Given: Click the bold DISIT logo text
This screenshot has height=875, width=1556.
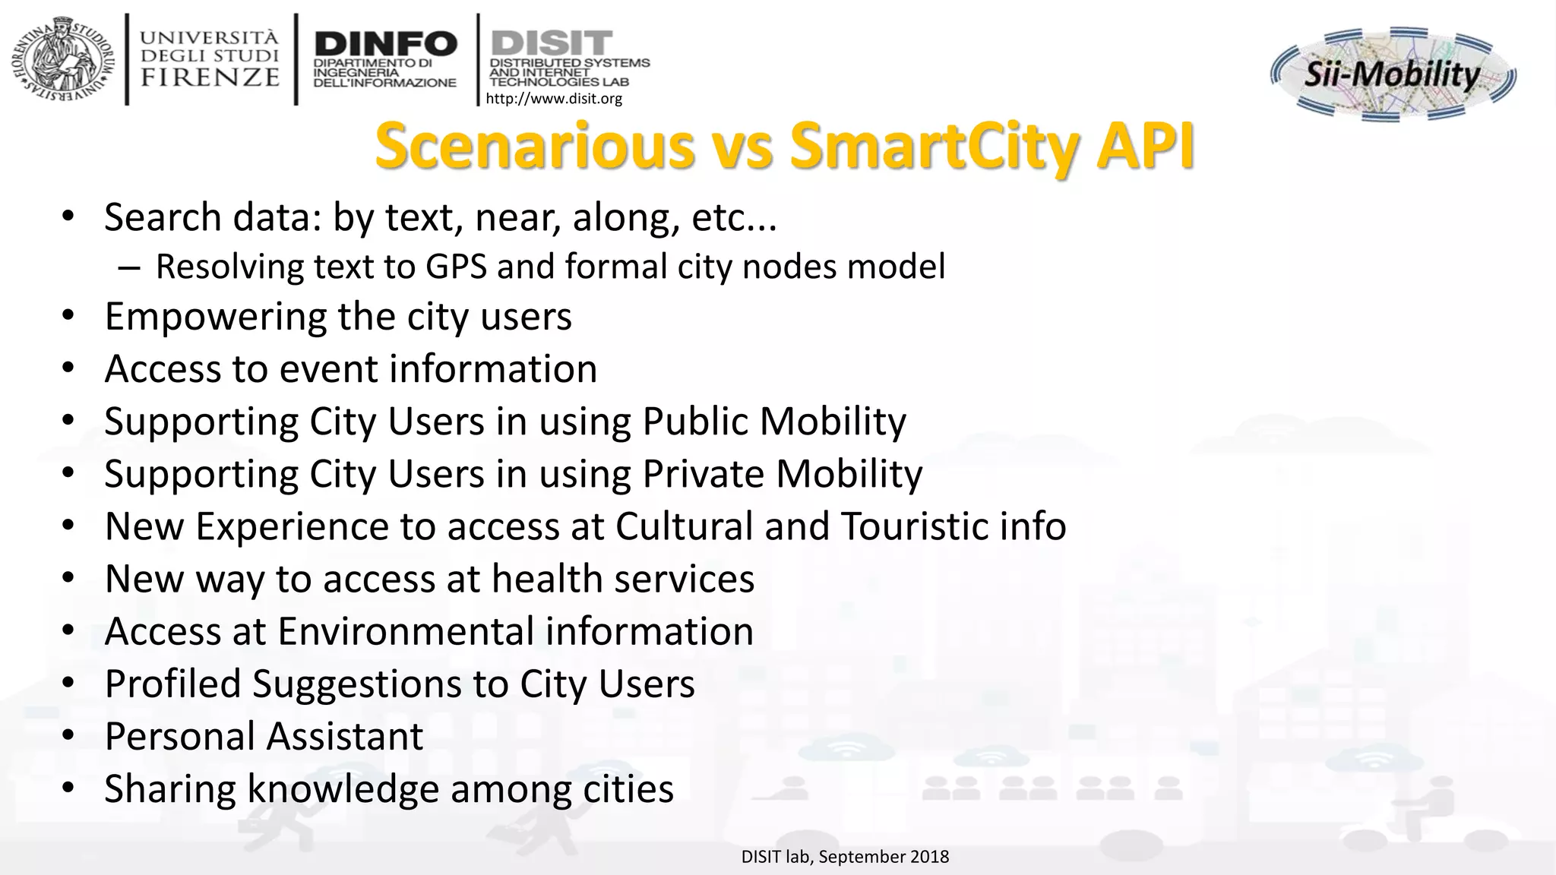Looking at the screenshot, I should tap(552, 42).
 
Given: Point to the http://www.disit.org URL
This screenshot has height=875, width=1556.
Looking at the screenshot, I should tap(553, 99).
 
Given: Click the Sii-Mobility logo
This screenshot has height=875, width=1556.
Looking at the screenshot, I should tap(1393, 74).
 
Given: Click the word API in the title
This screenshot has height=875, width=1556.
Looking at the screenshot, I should tap(1144, 146).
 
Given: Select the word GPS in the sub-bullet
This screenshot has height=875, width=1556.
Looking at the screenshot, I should tap(456, 267).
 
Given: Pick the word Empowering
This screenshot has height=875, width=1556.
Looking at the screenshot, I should tap(215, 317).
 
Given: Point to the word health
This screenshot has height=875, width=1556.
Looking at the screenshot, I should tap(546, 579).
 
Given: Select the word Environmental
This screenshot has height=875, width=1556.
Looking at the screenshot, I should tap(406, 631).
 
